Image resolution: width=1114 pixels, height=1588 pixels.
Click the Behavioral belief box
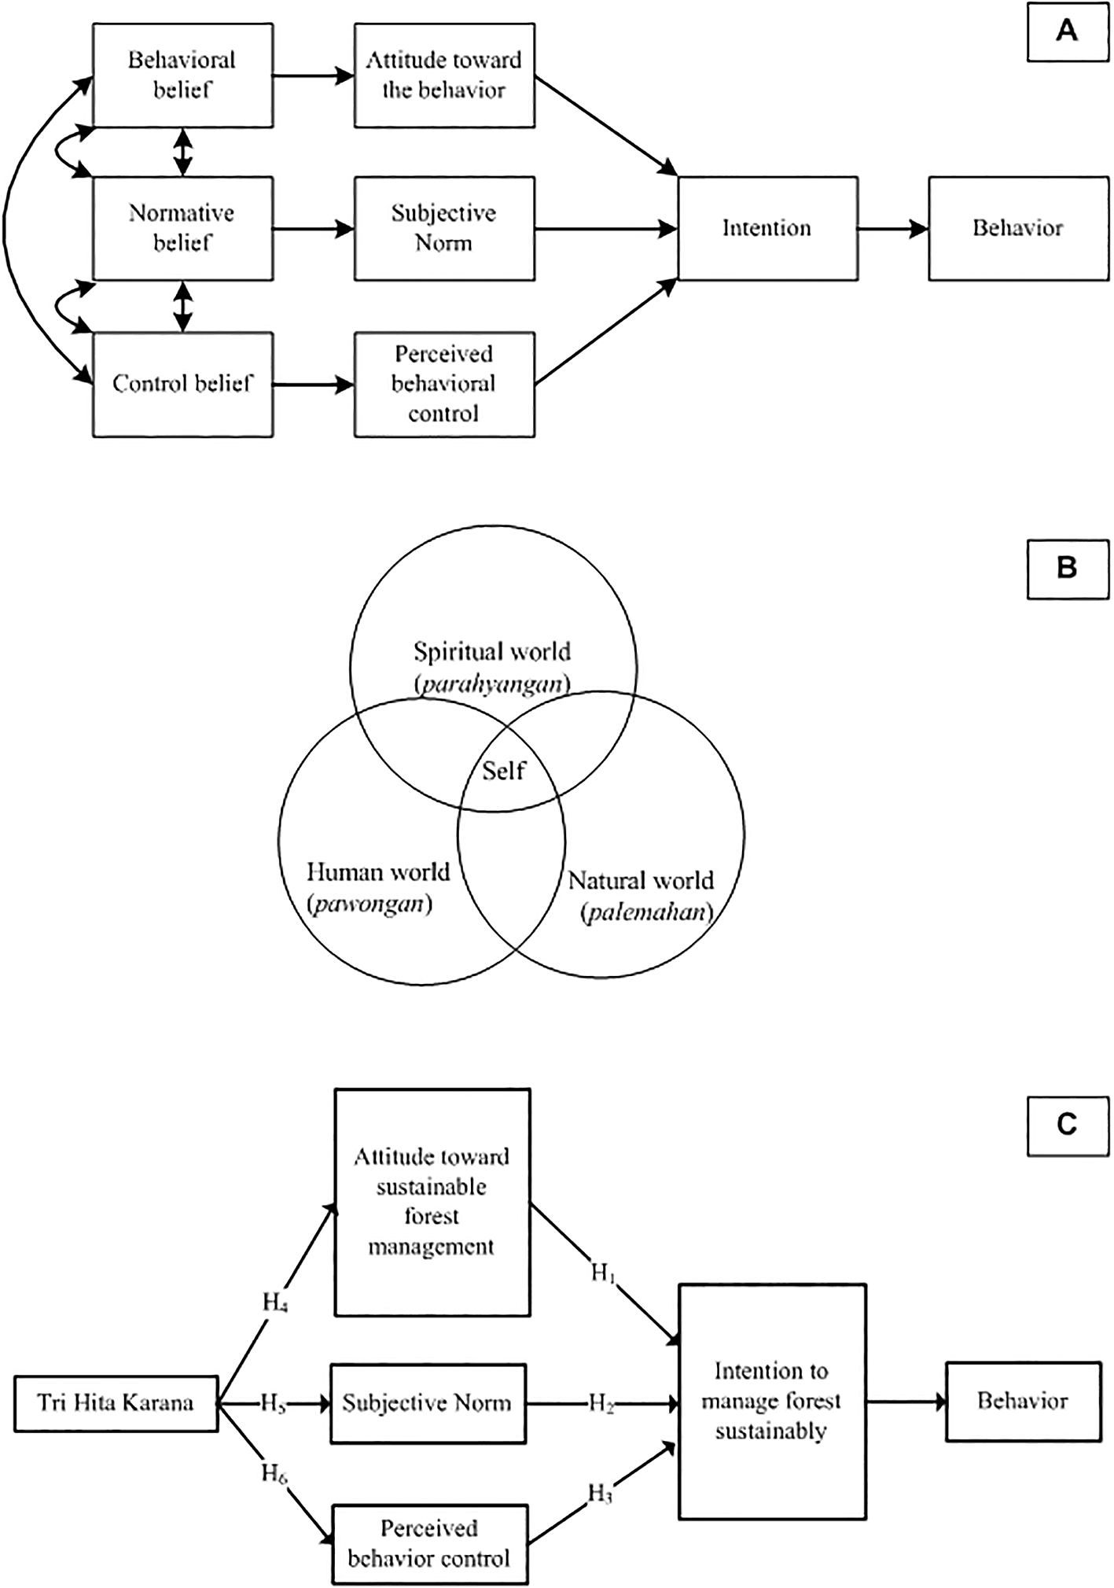click(x=182, y=76)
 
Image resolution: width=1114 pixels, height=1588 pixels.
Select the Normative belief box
click(x=182, y=228)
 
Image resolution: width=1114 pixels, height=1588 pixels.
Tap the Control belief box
click(x=182, y=384)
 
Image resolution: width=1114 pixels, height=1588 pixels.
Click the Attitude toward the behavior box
click(x=444, y=76)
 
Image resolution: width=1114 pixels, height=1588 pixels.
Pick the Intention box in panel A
click(x=767, y=228)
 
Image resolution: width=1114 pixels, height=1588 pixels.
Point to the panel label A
click(x=1067, y=31)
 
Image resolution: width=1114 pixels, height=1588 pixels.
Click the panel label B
click(x=1067, y=568)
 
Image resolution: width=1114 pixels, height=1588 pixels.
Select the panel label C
click(x=1067, y=1125)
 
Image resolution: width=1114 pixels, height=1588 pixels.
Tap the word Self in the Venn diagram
click(x=503, y=771)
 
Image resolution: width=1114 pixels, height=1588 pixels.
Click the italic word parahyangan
click(x=492, y=683)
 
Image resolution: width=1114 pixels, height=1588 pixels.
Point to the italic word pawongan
click(x=369, y=904)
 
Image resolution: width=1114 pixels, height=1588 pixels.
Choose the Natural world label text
click(x=641, y=880)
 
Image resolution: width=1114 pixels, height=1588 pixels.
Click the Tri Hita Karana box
click(x=116, y=1403)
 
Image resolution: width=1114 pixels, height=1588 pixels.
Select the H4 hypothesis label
click(x=274, y=1303)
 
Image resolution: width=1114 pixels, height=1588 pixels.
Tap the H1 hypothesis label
click(x=603, y=1273)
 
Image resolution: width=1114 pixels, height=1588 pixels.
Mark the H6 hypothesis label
click(x=274, y=1473)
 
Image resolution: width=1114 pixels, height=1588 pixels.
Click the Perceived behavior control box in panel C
click(x=429, y=1544)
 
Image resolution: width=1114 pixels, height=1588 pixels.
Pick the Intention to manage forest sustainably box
click(x=771, y=1401)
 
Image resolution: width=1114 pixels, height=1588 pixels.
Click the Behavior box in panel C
click(x=1022, y=1401)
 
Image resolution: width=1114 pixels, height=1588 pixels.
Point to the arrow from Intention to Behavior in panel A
click(x=892, y=229)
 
